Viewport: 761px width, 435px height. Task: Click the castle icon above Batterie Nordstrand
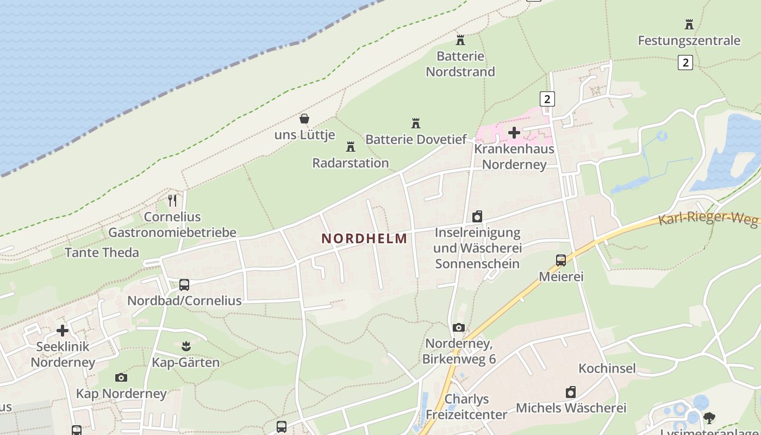pyautogui.click(x=460, y=40)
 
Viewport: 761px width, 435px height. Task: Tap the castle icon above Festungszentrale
pyautogui.click(x=689, y=24)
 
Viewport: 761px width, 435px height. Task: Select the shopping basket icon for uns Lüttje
pyautogui.click(x=304, y=118)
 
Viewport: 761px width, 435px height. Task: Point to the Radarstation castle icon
pyautogui.click(x=350, y=147)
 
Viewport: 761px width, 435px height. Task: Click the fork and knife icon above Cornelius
pyautogui.click(x=172, y=201)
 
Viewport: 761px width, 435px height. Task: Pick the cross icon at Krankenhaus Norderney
pyautogui.click(x=514, y=132)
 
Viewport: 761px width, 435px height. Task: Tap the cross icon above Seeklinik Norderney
pyautogui.click(x=63, y=330)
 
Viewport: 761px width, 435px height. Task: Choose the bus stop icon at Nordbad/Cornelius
pyautogui.click(x=184, y=284)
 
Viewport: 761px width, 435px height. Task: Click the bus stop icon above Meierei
pyautogui.click(x=561, y=260)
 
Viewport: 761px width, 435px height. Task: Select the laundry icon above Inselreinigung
pyautogui.click(x=477, y=216)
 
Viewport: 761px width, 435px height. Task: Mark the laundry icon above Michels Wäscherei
pyautogui.click(x=571, y=392)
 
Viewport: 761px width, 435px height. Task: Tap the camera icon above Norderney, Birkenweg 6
pyautogui.click(x=459, y=327)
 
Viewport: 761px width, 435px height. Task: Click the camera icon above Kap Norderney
pyautogui.click(x=121, y=377)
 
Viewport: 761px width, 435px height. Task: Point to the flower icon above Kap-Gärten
pyautogui.click(x=186, y=346)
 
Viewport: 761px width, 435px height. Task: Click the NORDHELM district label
pyautogui.click(x=364, y=238)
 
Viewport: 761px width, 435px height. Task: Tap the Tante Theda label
pyautogui.click(x=102, y=252)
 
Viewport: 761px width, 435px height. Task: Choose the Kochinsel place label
pyautogui.click(x=607, y=368)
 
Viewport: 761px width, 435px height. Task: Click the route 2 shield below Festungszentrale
pyautogui.click(x=685, y=63)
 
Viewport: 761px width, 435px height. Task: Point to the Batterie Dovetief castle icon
pyautogui.click(x=416, y=123)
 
